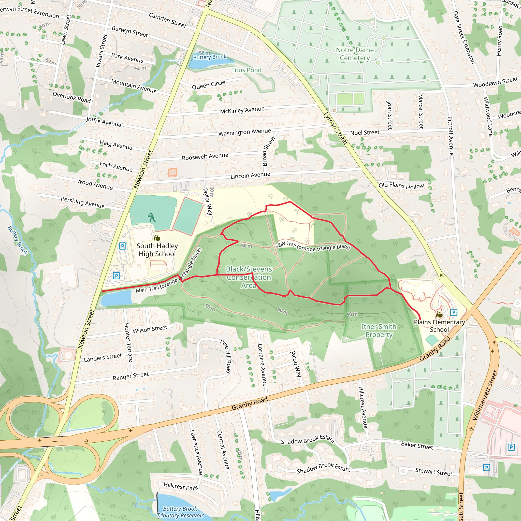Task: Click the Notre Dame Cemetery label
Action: pyautogui.click(x=355, y=54)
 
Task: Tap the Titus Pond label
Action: pyautogui.click(x=246, y=70)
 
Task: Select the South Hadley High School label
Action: pyautogui.click(x=157, y=250)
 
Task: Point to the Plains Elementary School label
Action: pyautogui.click(x=439, y=326)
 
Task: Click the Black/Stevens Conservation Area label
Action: pyautogui.click(x=249, y=277)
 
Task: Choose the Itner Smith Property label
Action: pyautogui.click(x=379, y=330)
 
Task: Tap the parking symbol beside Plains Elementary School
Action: pyautogui.click(x=454, y=312)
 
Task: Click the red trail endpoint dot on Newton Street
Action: pyautogui.click(x=103, y=291)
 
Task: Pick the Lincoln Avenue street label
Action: pyautogui.click(x=250, y=175)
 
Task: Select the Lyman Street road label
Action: pyautogui.click(x=336, y=128)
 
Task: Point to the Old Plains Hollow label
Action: pyautogui.click(x=401, y=185)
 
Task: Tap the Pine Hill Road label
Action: pyautogui.click(x=226, y=356)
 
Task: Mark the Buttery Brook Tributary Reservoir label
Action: pyautogui.click(x=180, y=512)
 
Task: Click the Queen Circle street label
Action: pyautogui.click(x=208, y=85)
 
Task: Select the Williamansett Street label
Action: pyautogui.click(x=485, y=395)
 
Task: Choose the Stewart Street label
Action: pyautogui.click(x=434, y=472)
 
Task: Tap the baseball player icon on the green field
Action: pyautogui.click(x=152, y=217)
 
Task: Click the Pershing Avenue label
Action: pyautogui.click(x=82, y=202)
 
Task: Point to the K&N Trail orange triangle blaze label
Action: pyautogui.click(x=313, y=246)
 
